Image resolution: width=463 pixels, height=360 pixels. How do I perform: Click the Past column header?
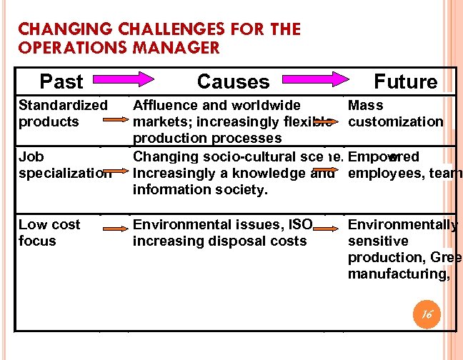point(61,81)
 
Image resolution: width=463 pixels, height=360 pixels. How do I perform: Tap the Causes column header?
point(233,81)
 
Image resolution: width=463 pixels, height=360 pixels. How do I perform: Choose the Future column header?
point(405,81)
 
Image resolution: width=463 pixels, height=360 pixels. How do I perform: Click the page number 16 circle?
point(427,313)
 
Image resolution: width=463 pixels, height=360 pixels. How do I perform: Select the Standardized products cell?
point(63,114)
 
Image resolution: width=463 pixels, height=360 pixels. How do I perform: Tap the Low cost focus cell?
point(49,233)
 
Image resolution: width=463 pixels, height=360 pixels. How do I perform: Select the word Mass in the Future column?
point(365,106)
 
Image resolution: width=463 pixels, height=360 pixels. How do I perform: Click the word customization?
point(396,121)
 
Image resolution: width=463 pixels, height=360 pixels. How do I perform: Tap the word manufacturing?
point(397,273)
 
